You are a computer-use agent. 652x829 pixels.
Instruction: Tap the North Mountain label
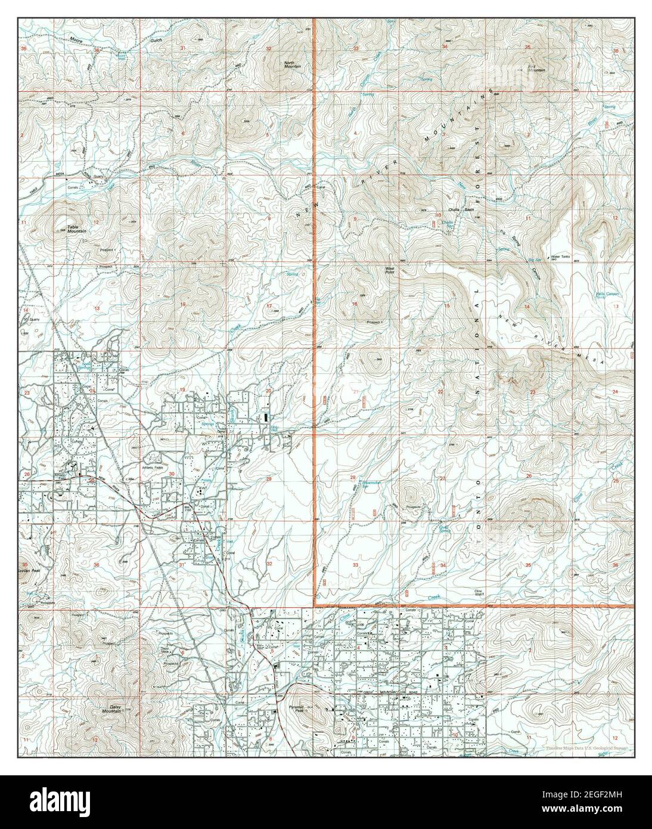292,64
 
